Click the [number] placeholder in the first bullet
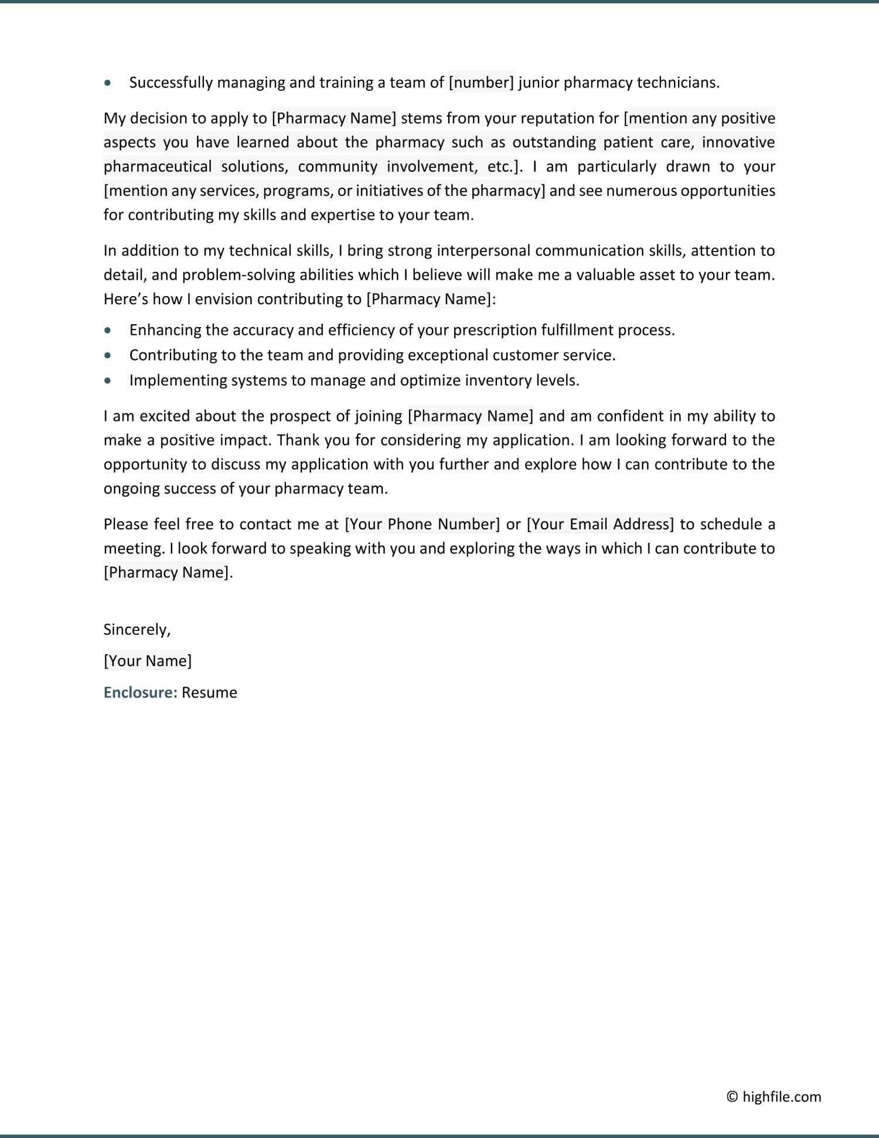(481, 83)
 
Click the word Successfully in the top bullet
(171, 83)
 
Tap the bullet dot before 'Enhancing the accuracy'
(107, 330)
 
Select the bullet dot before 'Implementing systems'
(107, 381)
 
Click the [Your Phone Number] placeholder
(423, 524)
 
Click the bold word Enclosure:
(140, 692)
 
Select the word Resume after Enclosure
(209, 692)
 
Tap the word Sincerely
(137, 630)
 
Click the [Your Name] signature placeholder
(148, 661)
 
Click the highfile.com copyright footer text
(774, 1096)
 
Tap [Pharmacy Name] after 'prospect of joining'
(471, 416)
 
